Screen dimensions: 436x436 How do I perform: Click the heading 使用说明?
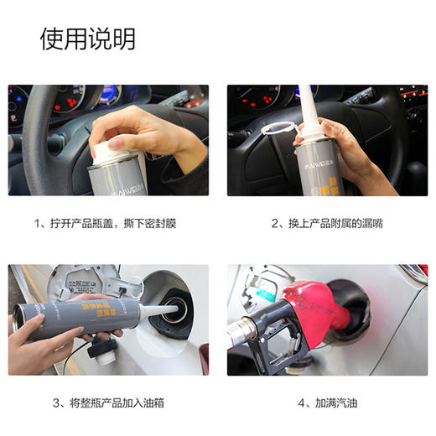pos(87,39)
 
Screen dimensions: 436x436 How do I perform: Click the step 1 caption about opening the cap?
pos(106,224)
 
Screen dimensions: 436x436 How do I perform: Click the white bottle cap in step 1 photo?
pos(105,149)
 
